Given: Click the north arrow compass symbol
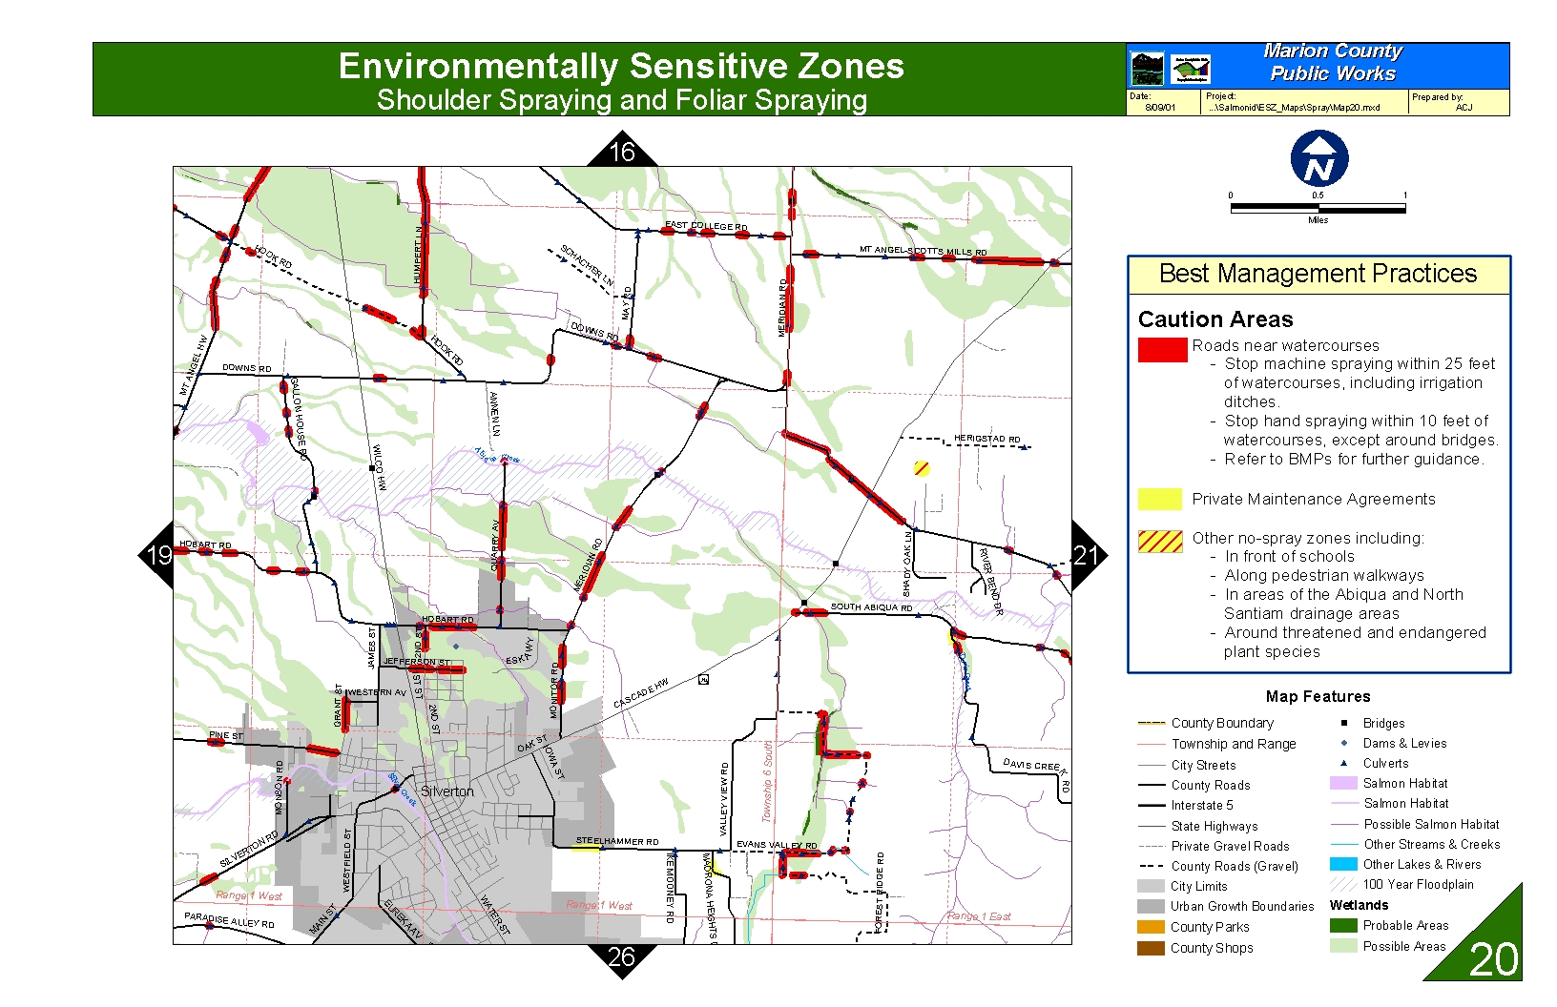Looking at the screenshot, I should coord(1318,158).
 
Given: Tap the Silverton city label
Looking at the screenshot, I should coord(446,791).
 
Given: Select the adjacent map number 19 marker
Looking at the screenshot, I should coord(158,555).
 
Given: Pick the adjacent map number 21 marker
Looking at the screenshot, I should coord(1086,555).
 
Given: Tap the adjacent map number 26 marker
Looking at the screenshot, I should coord(621,957).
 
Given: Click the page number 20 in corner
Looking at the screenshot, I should coord(1493,959).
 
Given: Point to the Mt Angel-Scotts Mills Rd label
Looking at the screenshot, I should coord(923,251).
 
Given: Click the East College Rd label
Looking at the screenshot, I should coord(706,226).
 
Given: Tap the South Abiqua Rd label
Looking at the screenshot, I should coord(871,607).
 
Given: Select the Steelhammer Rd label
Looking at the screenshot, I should coord(617,842).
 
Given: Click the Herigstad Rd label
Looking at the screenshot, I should coord(986,439).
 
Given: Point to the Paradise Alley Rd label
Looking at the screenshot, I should coord(229,920).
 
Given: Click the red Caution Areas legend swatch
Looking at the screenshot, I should coord(1161,350).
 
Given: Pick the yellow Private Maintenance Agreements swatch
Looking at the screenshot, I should coord(1159,499).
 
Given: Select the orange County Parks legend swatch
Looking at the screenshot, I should coord(1151,927).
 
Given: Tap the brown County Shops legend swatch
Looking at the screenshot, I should coord(1151,948).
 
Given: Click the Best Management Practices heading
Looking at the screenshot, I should coord(1318,275).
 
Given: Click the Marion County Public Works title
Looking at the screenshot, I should coord(1332,63).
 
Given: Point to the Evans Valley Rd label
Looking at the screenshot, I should coord(777,846).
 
